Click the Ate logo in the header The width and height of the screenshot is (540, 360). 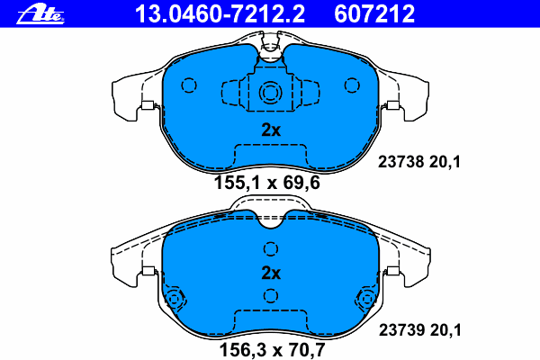tap(40, 15)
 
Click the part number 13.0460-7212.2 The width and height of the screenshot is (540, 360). tap(220, 14)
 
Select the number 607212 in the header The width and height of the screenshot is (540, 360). tap(374, 14)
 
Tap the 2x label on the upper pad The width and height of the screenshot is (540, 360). tap(271, 130)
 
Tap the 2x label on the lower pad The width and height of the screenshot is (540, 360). tap(271, 274)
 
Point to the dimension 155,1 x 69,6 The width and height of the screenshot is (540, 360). tap(267, 183)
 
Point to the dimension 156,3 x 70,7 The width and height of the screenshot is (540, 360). tap(272, 350)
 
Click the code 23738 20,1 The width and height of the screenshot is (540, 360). tap(419, 162)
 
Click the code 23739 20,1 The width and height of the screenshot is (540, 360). tap(419, 330)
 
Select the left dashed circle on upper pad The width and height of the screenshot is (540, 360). tap(189, 85)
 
